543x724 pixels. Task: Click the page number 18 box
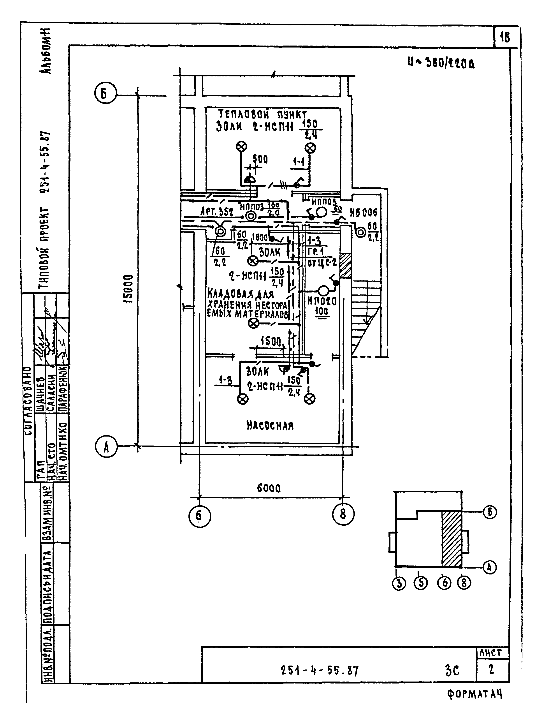pos(505,37)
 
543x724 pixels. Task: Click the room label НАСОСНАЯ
pos(270,426)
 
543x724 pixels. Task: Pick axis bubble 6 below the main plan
pos(200,516)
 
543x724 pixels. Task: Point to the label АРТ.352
pos(216,212)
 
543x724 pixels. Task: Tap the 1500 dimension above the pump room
pos(271,342)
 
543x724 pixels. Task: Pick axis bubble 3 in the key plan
pos(398,584)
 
